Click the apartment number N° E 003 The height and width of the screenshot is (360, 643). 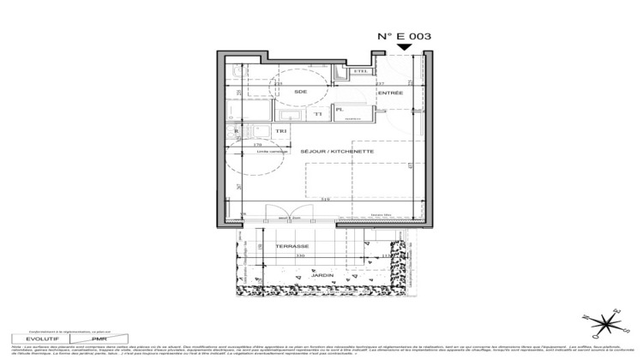coord(404,37)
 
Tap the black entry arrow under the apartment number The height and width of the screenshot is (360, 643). coord(404,51)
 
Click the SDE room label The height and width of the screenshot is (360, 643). coord(300,92)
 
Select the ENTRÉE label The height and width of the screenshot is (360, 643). coord(390,92)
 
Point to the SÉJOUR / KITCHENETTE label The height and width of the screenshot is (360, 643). coord(337,152)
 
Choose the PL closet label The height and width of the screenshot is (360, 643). coord(340,111)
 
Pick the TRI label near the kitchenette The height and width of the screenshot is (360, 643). coord(281,129)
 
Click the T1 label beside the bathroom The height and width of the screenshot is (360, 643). coord(317,113)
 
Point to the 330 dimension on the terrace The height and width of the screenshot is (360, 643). coord(300,255)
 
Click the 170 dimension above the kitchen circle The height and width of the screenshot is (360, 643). coord(257,146)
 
